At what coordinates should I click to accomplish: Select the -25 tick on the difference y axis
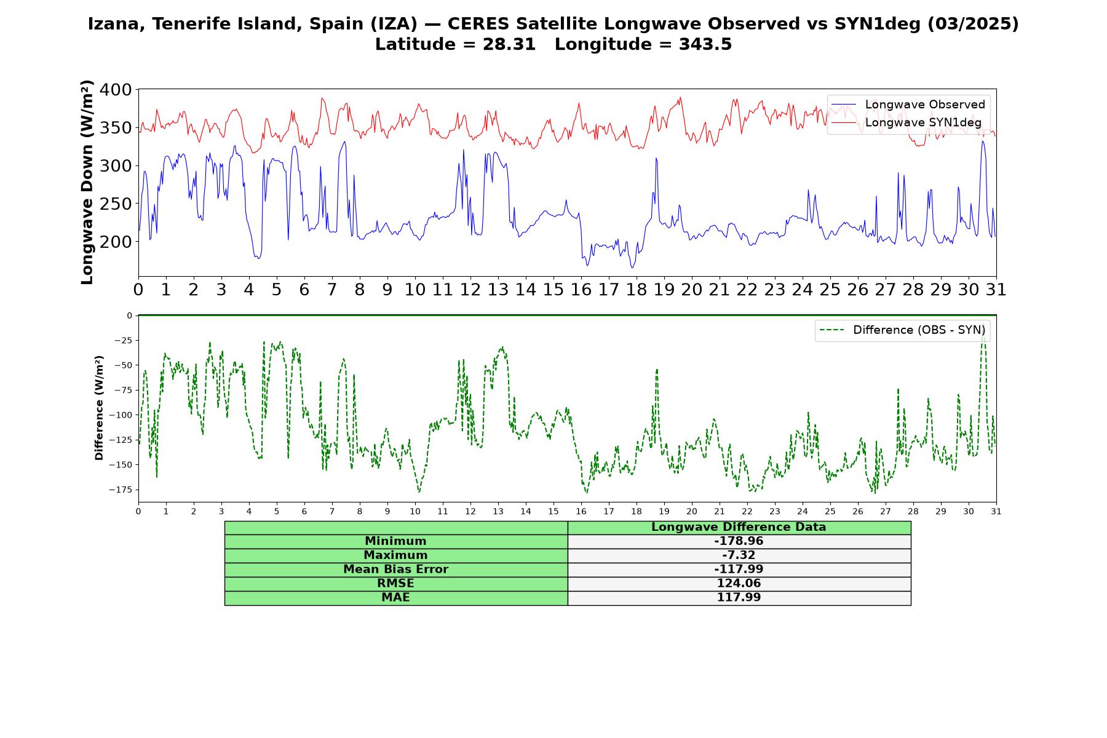point(123,340)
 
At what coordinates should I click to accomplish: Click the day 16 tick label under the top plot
point(581,289)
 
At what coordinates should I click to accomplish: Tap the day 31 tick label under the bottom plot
point(996,511)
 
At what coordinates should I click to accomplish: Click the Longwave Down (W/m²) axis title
point(87,182)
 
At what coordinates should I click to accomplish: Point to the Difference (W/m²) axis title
point(99,408)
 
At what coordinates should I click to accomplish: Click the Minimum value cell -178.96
point(739,541)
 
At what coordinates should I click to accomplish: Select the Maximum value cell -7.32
point(739,555)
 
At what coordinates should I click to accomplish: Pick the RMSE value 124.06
point(739,584)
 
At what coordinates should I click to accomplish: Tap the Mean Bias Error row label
point(395,569)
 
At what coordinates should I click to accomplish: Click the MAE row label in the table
point(395,598)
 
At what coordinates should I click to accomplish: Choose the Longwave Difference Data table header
point(739,527)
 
